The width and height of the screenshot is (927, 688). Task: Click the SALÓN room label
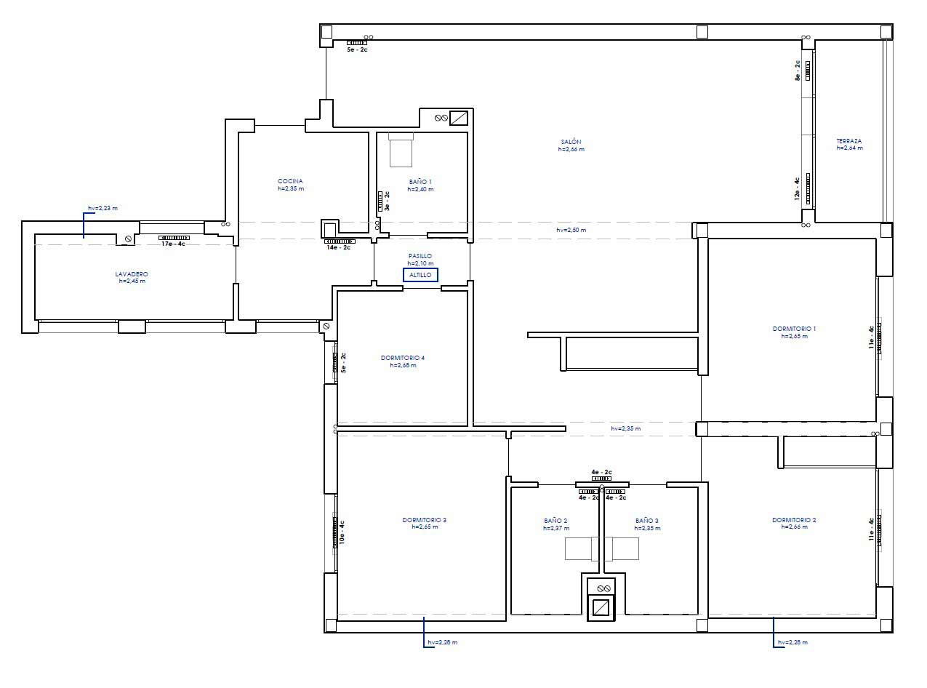571,142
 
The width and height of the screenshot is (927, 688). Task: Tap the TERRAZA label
849,141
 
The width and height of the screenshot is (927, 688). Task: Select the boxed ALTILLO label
420,275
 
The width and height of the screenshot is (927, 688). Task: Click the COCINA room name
290,181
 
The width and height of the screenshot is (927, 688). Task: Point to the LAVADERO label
132,274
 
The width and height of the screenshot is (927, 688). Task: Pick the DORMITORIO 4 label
403,358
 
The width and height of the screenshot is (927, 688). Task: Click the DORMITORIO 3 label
424,520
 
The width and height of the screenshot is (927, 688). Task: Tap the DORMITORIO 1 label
794,329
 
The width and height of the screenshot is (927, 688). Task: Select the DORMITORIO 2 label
794,520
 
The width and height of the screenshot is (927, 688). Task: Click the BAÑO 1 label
420,182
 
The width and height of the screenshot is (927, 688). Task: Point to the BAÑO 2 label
555,521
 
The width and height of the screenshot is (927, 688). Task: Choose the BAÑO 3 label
646,521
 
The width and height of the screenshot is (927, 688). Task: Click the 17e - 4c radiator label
173,244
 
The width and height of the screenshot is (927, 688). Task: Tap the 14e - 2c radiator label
339,247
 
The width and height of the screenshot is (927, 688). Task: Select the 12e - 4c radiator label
797,188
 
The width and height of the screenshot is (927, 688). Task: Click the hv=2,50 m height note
571,230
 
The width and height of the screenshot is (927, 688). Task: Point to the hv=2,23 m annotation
103,208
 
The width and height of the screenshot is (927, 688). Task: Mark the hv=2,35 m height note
626,428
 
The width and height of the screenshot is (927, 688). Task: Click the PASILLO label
420,256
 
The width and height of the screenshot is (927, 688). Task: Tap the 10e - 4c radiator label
342,532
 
